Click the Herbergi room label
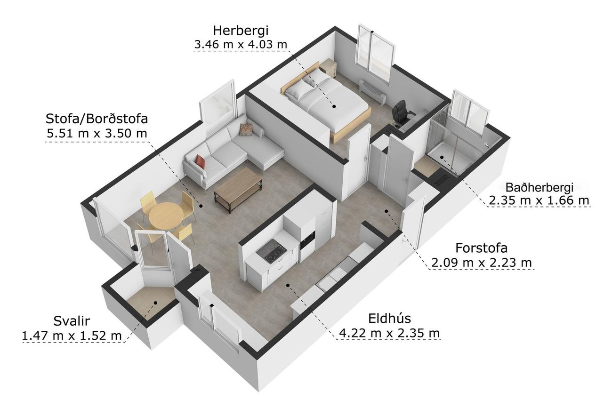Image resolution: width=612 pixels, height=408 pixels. (241, 31)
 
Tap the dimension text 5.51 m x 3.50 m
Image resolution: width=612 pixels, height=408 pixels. (97, 133)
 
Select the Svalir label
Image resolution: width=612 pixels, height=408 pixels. (72, 321)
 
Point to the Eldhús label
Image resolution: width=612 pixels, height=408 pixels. (389, 319)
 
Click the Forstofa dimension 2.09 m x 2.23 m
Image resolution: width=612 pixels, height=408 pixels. (482, 263)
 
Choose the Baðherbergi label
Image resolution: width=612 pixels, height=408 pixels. (539, 187)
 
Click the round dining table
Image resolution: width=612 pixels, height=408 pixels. (166, 215)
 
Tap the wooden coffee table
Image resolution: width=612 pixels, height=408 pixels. (238, 188)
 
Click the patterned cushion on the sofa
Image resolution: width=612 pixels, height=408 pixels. (246, 129)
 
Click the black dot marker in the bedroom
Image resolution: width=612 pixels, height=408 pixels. (334, 106)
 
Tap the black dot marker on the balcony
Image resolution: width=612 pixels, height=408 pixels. (155, 303)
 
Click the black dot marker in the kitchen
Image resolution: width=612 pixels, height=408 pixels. (288, 285)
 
